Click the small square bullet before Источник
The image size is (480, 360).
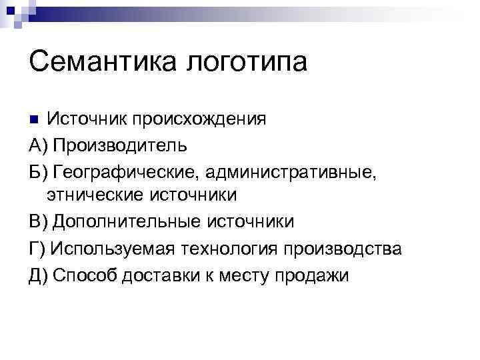[35, 120]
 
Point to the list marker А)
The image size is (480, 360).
[38, 145]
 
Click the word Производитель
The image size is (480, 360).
[120, 145]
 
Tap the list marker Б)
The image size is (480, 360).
[38, 170]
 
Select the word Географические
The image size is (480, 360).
[126, 171]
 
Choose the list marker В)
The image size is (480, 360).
[38, 221]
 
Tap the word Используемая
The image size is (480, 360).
[112, 248]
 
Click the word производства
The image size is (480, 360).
[343, 248]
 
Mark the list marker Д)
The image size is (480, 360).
[39, 275]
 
